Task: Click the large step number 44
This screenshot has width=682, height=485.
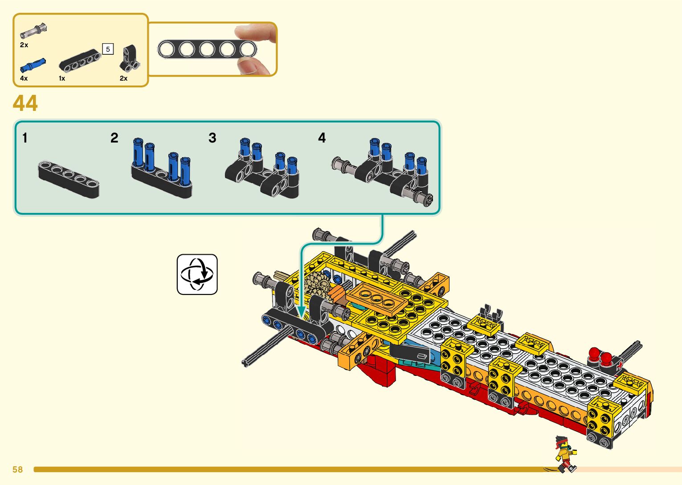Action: [25, 103]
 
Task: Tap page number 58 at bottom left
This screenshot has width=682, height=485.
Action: [17, 469]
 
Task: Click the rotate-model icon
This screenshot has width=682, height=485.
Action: [197, 274]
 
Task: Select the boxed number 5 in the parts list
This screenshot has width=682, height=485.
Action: [108, 49]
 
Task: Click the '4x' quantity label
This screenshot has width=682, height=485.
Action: [24, 78]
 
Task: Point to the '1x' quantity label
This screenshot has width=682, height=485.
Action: [62, 78]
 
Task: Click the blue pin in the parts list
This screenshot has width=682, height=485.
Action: [33, 66]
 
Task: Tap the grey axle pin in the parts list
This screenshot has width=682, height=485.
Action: [33, 31]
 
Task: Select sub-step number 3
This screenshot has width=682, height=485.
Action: [212, 138]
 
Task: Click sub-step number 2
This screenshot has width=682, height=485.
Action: [114, 138]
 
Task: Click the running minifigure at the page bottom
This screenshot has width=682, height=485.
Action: [565, 454]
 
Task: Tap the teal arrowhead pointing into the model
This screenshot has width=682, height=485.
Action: [301, 312]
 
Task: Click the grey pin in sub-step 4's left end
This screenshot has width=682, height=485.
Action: [341, 164]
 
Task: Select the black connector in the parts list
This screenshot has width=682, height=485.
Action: [130, 58]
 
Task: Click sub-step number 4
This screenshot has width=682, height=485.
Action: [322, 138]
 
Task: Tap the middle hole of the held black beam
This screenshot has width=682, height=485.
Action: [207, 49]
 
